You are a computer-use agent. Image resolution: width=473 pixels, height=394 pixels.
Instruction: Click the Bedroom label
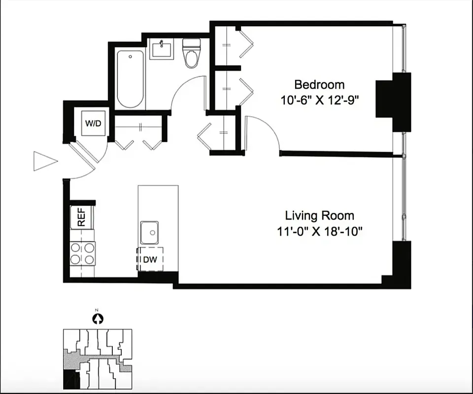[319, 84]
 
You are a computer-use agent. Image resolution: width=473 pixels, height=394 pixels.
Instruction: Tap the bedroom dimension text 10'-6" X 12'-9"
[319, 100]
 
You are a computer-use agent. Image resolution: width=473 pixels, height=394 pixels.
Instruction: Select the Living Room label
[319, 215]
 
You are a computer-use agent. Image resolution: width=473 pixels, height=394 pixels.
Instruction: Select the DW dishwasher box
[150, 260]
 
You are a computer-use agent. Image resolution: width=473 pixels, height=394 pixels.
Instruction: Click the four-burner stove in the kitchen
[82, 253]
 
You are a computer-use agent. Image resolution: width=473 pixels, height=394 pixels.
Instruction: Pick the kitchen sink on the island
[150, 232]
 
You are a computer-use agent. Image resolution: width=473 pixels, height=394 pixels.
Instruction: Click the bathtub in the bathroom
[131, 79]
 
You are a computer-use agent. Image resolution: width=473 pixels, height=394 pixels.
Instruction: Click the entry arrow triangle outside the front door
[44, 161]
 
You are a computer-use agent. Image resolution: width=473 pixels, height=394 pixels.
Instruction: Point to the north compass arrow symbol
[98, 319]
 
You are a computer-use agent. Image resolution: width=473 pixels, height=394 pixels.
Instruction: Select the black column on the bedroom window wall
[393, 101]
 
